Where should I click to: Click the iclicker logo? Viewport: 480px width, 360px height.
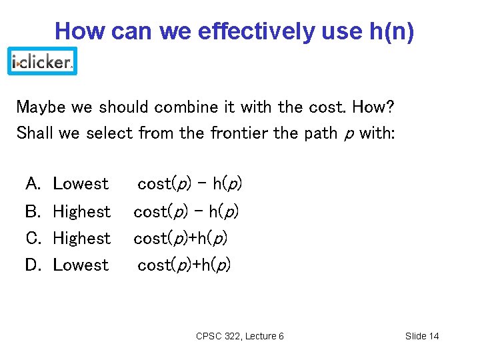click(x=42, y=61)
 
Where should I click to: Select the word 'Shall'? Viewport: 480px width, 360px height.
click(x=35, y=133)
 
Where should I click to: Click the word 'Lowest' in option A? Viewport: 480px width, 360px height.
click(x=81, y=183)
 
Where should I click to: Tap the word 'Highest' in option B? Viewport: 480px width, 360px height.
click(x=81, y=211)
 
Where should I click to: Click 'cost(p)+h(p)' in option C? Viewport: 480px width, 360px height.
click(x=180, y=238)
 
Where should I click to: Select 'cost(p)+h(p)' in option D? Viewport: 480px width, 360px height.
click(x=184, y=265)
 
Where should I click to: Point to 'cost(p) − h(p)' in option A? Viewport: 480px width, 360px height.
click(x=189, y=183)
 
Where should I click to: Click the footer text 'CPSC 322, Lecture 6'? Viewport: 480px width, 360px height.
click(x=240, y=336)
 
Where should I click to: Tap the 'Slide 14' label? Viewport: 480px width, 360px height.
click(x=422, y=336)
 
